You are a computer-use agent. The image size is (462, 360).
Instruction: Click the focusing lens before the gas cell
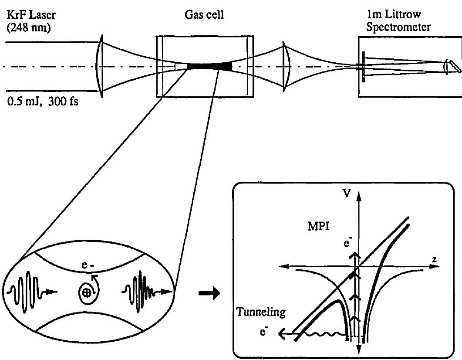[100, 66]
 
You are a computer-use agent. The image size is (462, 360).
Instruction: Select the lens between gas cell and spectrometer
[284, 66]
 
